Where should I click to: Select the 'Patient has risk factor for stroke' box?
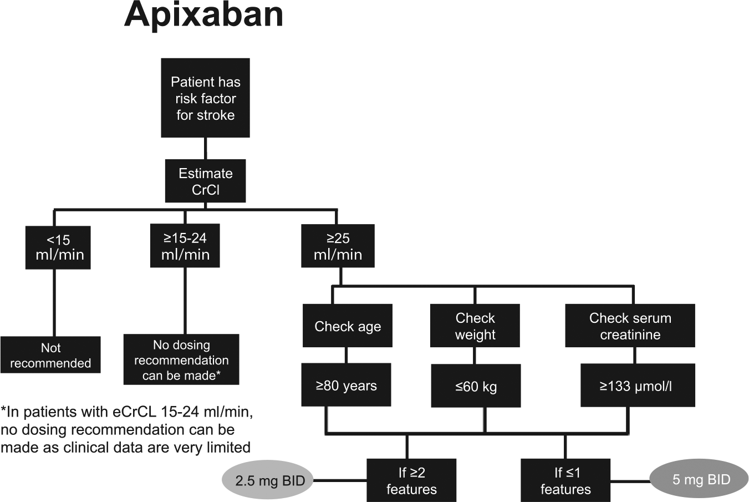point(205,98)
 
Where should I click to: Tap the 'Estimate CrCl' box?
point(205,181)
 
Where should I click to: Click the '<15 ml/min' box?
point(58,247)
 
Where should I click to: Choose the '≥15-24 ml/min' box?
point(185,246)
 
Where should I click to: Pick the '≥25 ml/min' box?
point(338,246)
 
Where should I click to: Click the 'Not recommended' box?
point(50,355)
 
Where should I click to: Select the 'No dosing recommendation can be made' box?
point(181,359)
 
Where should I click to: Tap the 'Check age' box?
point(348,326)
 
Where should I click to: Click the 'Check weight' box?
point(475,326)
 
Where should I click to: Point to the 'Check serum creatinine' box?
point(630,326)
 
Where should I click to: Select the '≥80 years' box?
point(346,385)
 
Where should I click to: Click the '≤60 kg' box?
point(476,386)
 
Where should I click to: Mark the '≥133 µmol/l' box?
point(638,386)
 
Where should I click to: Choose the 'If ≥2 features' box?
point(411,480)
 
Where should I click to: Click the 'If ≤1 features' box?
point(565,480)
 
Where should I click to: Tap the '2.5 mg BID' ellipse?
point(268,480)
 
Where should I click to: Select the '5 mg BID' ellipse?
point(699,479)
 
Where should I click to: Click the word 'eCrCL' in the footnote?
point(134,412)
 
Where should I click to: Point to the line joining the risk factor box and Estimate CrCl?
point(205,148)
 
